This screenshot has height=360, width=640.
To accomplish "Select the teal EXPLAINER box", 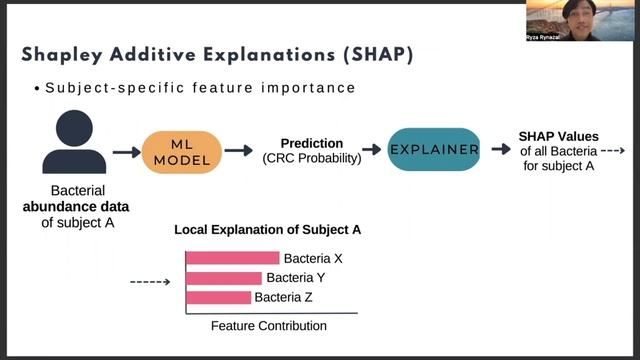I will pos(434,149).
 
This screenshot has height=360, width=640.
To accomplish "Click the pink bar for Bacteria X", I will pos(232,258).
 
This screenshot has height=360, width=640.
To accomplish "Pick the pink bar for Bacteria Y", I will pos(224,278).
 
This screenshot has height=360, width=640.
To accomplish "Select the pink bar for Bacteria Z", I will pos(218,297).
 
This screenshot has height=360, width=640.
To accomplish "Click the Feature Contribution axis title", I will pos(269,326).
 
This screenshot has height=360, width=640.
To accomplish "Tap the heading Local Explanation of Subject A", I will pos(267,230).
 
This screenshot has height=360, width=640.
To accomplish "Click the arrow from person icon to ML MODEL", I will pos(126,151).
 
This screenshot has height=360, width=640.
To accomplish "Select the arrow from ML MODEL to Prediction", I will pos(238,151).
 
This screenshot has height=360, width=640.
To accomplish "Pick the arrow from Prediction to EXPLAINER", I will pos(371,150).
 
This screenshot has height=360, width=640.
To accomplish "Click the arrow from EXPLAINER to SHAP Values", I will pos(501,150).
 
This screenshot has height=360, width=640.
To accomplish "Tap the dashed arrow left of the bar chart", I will pos(150,283).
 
